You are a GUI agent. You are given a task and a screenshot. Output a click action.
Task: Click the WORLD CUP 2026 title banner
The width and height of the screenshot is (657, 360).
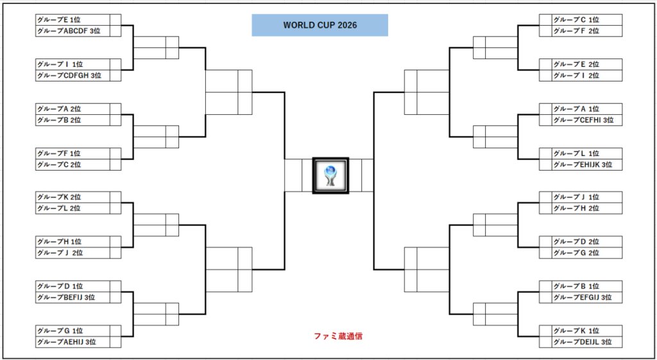[320, 25]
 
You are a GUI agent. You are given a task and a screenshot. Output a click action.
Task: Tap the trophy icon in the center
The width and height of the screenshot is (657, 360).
[330, 176]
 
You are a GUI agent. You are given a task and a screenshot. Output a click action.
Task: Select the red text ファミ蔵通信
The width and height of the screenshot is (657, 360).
[338, 336]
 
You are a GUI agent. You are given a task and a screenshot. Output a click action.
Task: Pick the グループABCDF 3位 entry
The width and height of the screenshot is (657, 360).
[69, 31]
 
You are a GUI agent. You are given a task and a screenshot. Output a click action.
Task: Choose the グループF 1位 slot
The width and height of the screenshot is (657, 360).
[60, 153]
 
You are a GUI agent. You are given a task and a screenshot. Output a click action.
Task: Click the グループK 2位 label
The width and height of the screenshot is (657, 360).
[59, 197]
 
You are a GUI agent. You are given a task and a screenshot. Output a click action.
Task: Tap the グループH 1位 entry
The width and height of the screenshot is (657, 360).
[60, 242]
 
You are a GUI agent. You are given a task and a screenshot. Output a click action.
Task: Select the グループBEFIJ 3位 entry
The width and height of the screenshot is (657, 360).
[66, 298]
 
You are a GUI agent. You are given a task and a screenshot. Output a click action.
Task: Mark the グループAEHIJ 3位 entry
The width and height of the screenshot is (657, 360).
[67, 342]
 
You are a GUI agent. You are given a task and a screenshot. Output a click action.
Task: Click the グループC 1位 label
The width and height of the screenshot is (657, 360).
[576, 20]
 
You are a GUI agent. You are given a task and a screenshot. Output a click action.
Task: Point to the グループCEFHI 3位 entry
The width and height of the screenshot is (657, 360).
[583, 120]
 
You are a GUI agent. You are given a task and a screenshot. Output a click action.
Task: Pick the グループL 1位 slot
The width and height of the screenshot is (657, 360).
[576, 153]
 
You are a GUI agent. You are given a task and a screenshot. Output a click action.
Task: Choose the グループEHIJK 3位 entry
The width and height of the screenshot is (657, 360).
[583, 165]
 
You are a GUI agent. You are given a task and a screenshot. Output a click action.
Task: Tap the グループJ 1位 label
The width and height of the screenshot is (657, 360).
[576, 197]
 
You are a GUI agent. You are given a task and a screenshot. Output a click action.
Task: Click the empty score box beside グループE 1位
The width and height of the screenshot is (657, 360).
[115, 20]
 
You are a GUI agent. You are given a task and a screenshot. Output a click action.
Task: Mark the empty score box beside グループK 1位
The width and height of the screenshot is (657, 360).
[545, 331]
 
